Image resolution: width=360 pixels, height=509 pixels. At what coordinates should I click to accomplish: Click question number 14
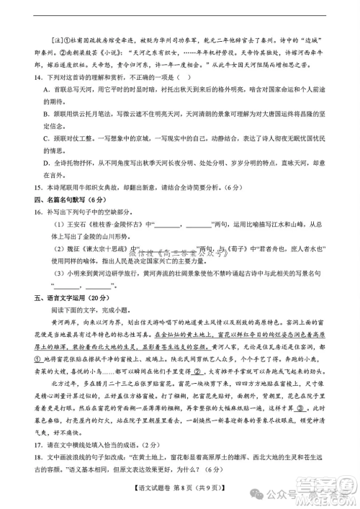pyautogui.click(x=29, y=78)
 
